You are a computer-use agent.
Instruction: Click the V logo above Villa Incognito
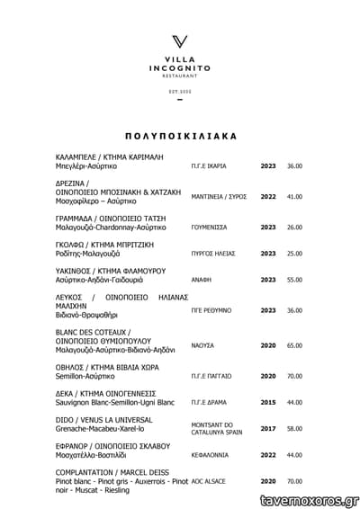point(180,41)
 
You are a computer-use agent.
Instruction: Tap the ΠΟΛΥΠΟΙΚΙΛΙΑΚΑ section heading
point(180,137)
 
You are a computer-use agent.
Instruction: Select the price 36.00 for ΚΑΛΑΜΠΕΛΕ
point(294,166)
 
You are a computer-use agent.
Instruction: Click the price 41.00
point(294,196)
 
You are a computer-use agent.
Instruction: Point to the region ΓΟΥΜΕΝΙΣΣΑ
point(210,228)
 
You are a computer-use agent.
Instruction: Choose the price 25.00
point(294,254)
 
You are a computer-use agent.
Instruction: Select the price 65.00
point(294,345)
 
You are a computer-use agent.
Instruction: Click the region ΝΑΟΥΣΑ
point(202,345)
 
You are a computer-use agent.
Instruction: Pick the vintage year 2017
point(268,429)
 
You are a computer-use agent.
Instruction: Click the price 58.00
point(294,429)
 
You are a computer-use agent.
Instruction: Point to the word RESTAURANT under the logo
point(180,77)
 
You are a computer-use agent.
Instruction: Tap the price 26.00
point(294,228)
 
